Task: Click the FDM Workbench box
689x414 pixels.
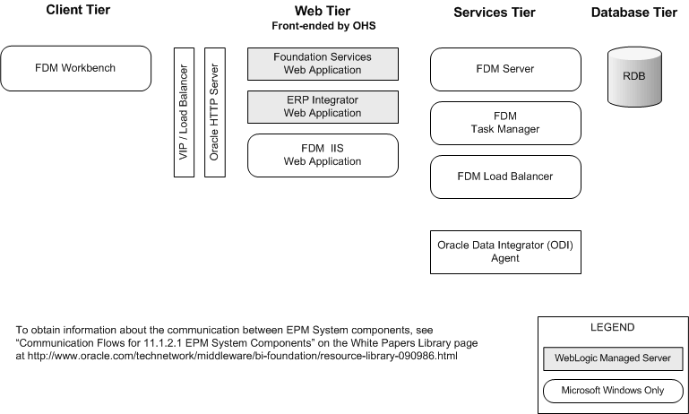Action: (75, 68)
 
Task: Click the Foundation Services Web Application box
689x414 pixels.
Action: (322, 64)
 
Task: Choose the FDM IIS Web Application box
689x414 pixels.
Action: (322, 156)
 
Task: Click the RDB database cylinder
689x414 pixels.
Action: (633, 77)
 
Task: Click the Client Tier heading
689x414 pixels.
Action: (75, 12)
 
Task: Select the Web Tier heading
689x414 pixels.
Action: (322, 12)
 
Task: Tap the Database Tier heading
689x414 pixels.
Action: (633, 12)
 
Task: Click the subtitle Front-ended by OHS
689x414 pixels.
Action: (322, 27)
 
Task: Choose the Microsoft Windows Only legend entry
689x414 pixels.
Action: (614, 391)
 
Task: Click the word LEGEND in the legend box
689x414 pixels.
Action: (614, 328)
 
